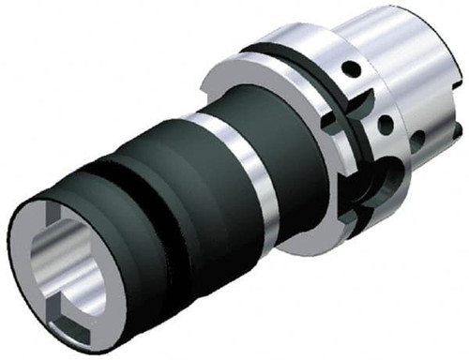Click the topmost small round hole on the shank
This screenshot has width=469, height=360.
(349, 68)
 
